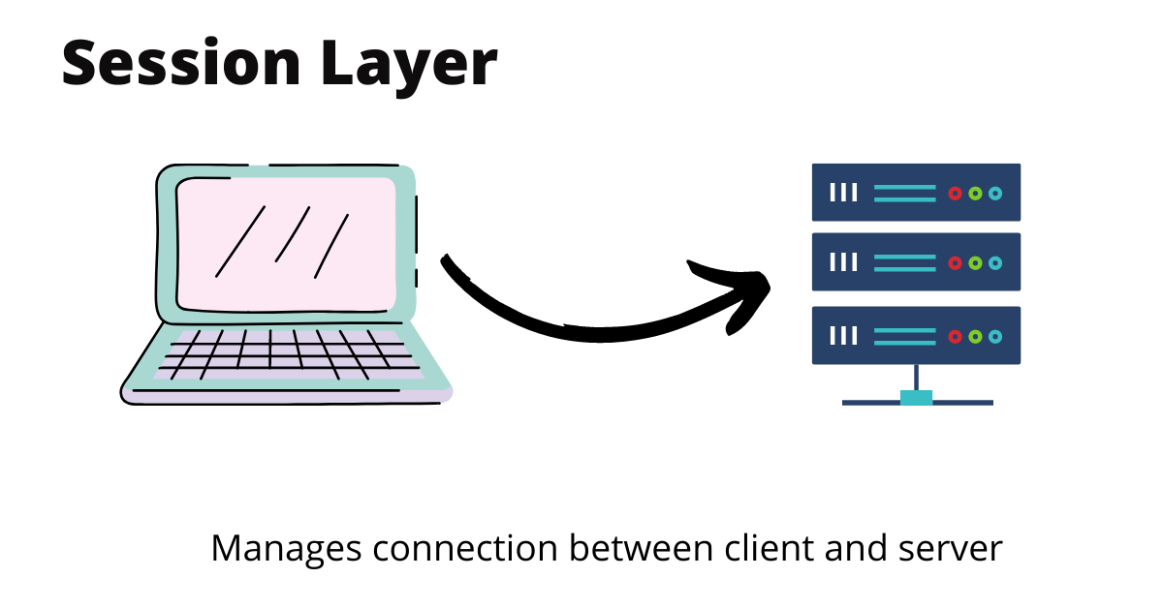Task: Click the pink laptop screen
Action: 286,242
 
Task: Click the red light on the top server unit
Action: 955,194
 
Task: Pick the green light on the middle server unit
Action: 975,262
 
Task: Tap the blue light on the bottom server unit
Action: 995,336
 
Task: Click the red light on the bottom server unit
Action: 955,336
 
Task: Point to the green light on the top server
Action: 975,194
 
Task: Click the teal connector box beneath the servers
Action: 916,398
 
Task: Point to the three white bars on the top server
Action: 844,194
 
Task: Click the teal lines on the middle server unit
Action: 904,262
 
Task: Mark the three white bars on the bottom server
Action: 844,336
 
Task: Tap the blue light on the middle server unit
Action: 995,262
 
